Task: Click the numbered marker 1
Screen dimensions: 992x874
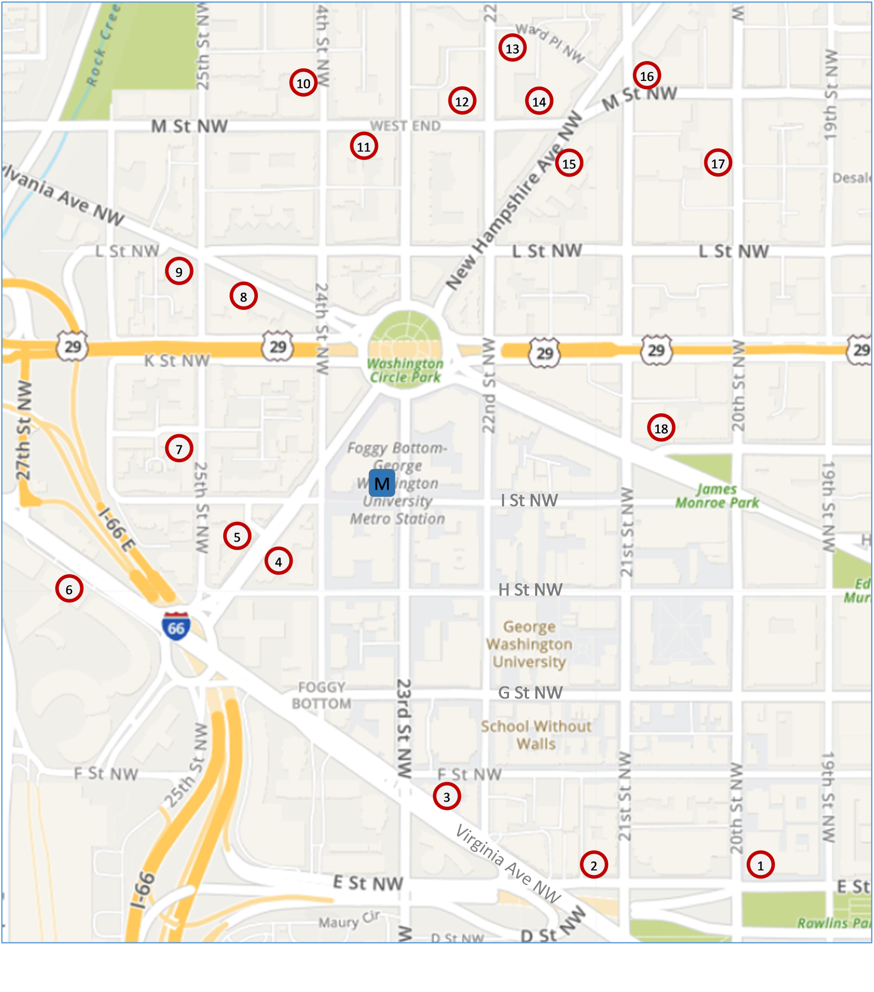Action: [x=760, y=865]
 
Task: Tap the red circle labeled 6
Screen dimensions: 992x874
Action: [x=69, y=589]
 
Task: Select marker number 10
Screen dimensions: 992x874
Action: [x=303, y=83]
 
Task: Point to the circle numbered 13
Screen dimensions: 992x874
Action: [x=512, y=48]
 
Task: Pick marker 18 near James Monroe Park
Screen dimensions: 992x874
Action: [x=661, y=428]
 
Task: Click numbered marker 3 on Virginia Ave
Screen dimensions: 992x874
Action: [x=446, y=796]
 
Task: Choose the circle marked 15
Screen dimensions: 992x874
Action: [x=569, y=163]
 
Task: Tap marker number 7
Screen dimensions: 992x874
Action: [x=179, y=448]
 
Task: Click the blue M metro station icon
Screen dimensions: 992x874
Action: [x=381, y=483]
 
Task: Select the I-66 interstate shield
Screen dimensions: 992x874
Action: [x=176, y=626]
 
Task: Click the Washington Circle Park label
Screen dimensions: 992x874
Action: [x=405, y=370]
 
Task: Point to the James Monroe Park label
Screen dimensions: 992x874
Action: [x=717, y=496]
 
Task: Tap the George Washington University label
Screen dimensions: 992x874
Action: [x=529, y=644]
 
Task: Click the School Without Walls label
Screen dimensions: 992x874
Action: [x=536, y=735]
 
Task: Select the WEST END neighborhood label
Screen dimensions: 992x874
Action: [x=405, y=126]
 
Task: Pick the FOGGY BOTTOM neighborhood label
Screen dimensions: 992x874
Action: [x=321, y=695]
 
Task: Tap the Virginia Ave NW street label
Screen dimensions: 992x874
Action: [x=508, y=864]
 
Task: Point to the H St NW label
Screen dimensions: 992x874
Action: [x=530, y=590]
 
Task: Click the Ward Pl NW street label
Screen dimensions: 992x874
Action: [x=550, y=43]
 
